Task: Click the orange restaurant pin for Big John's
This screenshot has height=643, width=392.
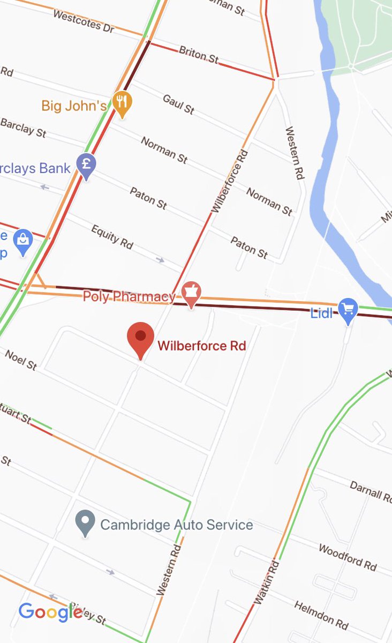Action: [123, 103]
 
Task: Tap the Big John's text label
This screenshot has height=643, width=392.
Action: [74, 106]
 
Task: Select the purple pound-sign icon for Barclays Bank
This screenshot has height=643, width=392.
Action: [86, 165]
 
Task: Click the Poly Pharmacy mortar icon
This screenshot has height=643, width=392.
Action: [190, 293]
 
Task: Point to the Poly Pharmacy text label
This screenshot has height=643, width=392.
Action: [129, 296]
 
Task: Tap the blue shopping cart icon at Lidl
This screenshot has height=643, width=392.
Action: [348, 310]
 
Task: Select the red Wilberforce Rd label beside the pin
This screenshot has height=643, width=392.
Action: [201, 346]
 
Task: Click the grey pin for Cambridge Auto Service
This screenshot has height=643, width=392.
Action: [85, 522]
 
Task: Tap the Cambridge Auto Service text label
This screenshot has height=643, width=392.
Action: [176, 524]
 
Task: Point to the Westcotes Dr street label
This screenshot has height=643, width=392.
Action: [84, 21]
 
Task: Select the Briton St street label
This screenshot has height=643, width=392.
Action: [199, 55]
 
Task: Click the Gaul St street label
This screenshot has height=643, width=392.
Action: [178, 103]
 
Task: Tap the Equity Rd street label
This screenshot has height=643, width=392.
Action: [112, 237]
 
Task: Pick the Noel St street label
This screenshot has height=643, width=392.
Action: [21, 360]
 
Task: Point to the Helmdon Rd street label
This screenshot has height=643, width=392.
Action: [321, 614]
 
